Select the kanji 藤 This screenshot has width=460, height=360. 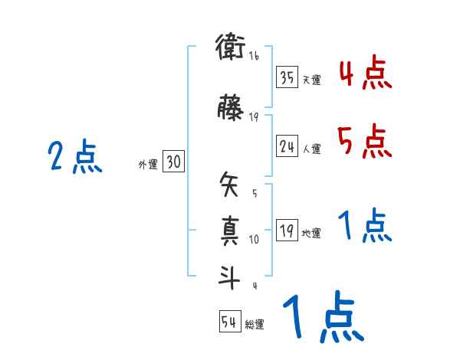[230, 109]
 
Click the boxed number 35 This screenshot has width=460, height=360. [287, 77]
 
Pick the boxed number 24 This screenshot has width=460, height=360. [287, 146]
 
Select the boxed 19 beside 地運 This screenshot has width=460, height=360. [287, 231]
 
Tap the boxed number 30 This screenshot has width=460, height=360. [173, 162]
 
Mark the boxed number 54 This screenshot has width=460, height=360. [229, 322]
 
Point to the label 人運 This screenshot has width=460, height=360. [311, 149]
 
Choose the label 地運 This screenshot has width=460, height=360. [311, 234]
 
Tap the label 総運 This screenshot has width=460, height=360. [255, 325]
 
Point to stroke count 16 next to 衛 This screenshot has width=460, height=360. [254, 56]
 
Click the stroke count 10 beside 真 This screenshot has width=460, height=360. [254, 240]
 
